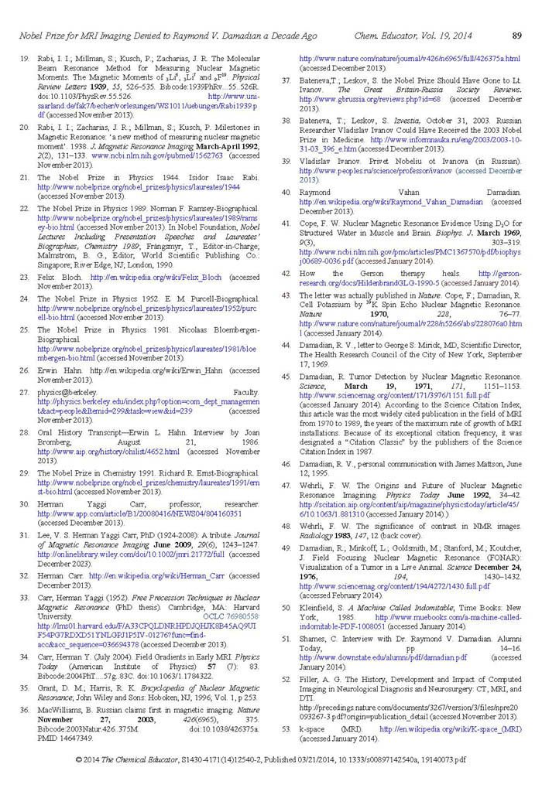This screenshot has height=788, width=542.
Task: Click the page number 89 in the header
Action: tap(516, 36)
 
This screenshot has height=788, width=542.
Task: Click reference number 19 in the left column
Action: tap(24, 58)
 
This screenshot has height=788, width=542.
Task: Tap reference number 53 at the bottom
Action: tap(286, 730)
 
